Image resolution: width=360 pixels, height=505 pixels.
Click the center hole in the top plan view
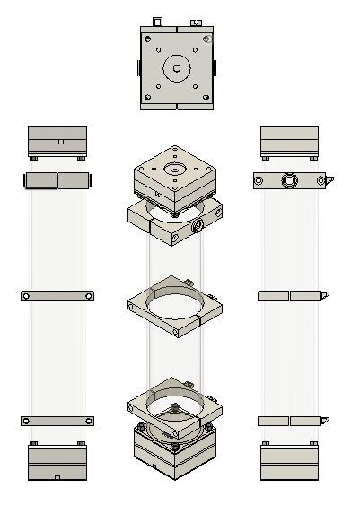177,68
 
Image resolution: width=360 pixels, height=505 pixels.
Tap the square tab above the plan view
157,21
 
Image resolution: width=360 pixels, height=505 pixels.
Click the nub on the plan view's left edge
139,68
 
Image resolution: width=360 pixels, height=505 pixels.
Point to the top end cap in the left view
57,141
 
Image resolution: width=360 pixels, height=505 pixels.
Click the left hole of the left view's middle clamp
27,295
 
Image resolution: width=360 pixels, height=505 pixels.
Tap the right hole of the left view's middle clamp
88,295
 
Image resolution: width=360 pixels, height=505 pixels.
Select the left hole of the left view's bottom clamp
27,421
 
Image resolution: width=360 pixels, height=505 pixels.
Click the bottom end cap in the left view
57,464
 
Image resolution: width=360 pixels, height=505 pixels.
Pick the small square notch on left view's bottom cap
57,477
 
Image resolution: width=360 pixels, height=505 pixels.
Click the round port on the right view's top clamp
289,181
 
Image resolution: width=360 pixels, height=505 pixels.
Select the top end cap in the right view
289,141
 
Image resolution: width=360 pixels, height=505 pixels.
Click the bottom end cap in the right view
289,464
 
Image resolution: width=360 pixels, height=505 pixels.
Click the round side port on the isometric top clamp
198,228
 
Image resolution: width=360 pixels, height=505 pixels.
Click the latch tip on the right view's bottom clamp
325,419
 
